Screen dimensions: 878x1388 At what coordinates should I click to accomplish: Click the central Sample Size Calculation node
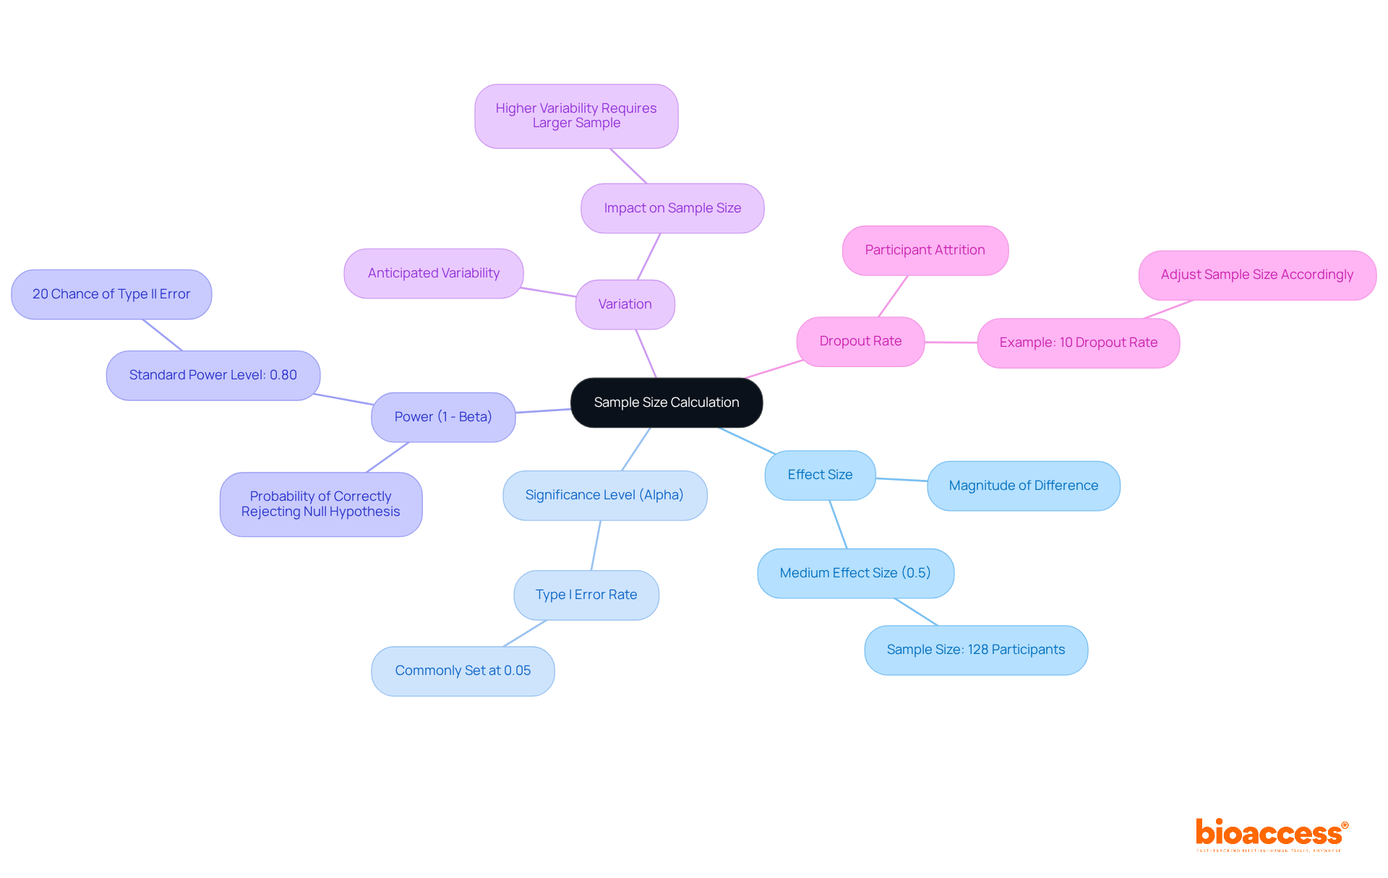click(666, 403)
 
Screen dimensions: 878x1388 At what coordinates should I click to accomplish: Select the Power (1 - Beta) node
click(442, 417)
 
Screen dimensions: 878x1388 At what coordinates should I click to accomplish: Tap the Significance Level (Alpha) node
click(604, 495)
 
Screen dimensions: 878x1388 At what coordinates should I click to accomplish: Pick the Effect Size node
click(820, 475)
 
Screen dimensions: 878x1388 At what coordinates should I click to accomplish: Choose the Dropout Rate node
click(860, 341)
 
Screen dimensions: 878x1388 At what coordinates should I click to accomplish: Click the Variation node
click(625, 304)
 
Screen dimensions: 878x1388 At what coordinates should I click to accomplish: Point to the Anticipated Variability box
click(433, 273)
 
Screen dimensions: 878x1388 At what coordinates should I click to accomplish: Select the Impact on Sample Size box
click(672, 208)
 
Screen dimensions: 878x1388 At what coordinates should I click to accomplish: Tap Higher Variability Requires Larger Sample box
click(576, 116)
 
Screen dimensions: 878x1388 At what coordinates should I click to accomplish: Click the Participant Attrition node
click(925, 250)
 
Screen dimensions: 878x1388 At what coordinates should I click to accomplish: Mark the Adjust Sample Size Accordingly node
click(1256, 275)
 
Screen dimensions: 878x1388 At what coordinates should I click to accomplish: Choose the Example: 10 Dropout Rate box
click(1078, 343)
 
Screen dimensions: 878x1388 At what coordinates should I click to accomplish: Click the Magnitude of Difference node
click(1023, 486)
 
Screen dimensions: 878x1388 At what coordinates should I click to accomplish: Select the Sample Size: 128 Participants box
click(975, 650)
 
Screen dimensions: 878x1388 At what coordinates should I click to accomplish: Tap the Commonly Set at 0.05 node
click(463, 671)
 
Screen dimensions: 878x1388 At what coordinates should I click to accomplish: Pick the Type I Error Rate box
click(586, 595)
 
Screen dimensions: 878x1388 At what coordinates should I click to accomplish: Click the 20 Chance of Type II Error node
click(111, 294)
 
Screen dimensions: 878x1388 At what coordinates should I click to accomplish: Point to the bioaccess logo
click(1271, 834)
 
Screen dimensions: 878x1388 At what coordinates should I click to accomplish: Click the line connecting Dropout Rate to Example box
click(951, 343)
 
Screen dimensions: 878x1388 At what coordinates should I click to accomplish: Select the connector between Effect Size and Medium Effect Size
click(838, 524)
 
